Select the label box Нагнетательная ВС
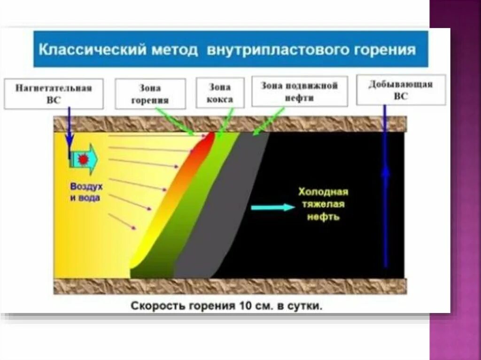53,93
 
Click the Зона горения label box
150,93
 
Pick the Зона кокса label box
220,92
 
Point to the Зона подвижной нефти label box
299,92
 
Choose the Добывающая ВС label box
401,89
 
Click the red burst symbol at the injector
83,159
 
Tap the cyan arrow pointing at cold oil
272,207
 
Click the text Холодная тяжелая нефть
324,205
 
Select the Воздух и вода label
85,192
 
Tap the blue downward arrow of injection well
70,129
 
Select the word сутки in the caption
307,306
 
